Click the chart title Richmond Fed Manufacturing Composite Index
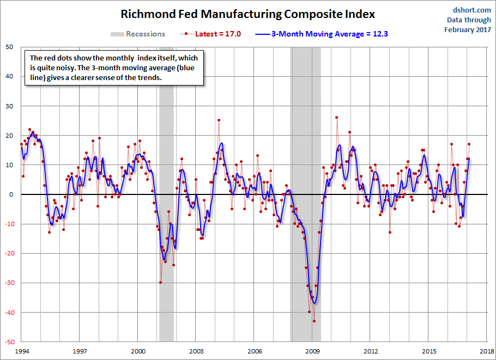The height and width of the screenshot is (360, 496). (248, 14)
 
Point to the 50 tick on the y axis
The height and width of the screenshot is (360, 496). (9, 47)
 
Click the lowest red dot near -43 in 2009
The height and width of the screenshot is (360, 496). (314, 321)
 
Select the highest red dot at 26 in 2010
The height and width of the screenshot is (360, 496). (337, 118)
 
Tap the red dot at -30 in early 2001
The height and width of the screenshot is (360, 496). (160, 282)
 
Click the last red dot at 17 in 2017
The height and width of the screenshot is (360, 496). (469, 144)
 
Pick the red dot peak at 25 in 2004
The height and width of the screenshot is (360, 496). (219, 120)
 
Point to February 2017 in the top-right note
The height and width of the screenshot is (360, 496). (467, 29)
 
